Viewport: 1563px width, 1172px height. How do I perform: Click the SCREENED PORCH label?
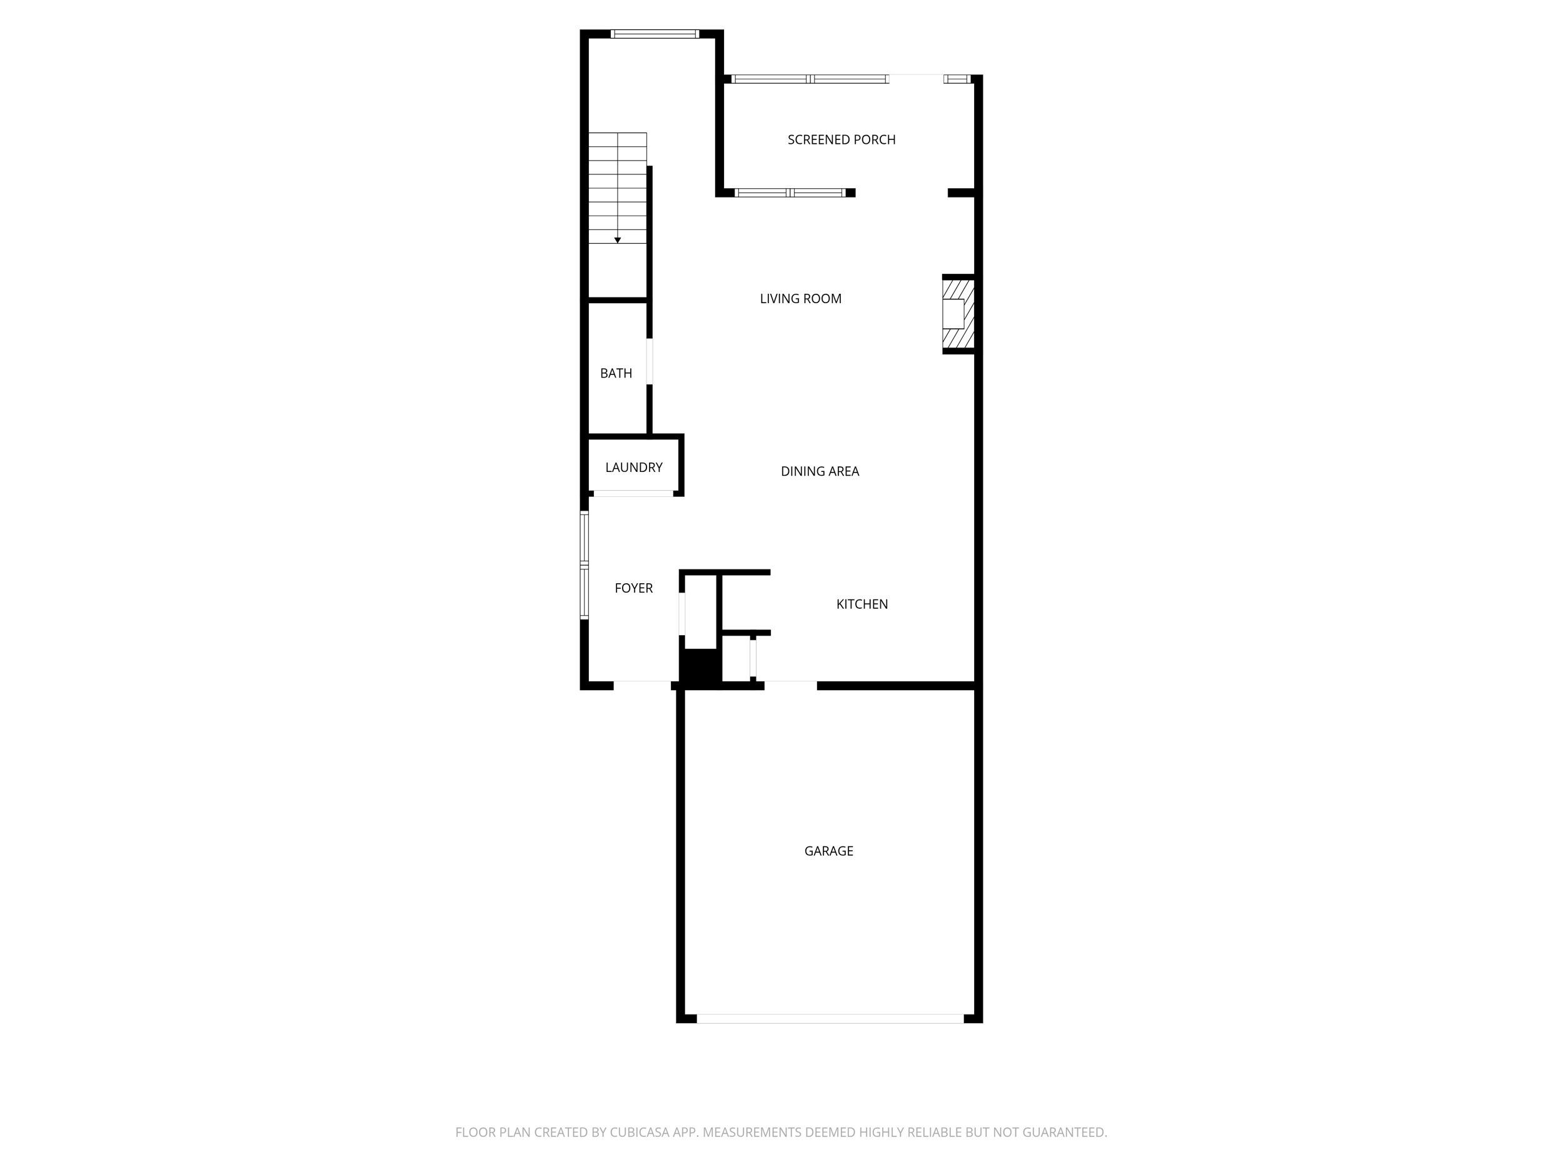point(841,140)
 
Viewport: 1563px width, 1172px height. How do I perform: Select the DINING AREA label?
point(819,471)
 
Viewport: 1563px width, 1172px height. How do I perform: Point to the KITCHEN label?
point(862,604)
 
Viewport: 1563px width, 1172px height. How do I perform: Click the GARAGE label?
point(828,851)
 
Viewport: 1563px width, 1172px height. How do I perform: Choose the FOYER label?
point(633,588)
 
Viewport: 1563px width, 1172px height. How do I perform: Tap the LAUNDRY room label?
point(633,467)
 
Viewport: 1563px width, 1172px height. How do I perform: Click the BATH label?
point(615,373)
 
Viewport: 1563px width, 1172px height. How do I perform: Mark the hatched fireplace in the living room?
point(958,314)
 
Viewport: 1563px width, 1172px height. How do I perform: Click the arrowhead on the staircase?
point(617,240)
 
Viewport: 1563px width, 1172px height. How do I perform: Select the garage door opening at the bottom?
point(830,1019)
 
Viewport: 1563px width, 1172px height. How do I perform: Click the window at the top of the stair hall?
point(655,34)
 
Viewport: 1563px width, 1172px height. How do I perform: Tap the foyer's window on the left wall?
point(585,565)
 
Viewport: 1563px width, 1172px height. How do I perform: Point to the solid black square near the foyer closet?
point(700,666)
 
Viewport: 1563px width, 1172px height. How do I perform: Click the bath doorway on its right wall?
point(650,362)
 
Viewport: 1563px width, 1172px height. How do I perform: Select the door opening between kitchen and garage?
point(790,684)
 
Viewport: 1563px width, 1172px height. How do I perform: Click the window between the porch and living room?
point(789,193)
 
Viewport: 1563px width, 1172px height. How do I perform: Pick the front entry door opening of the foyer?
point(641,684)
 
